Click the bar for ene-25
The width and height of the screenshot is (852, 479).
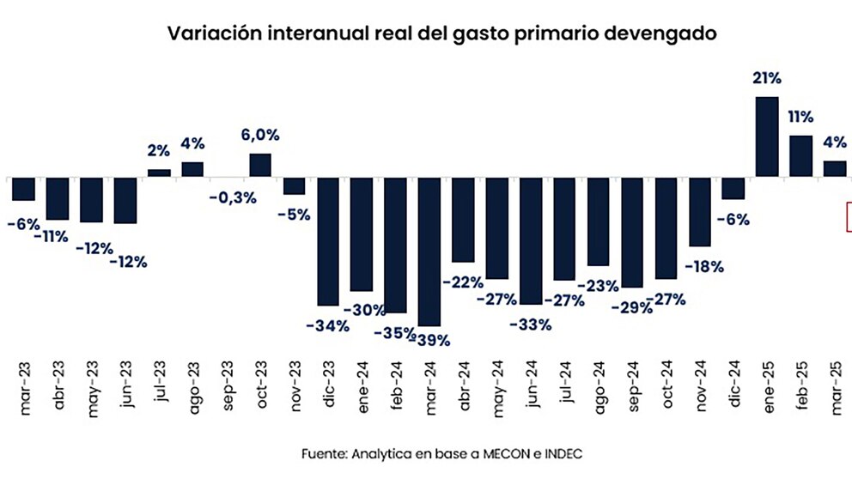767,137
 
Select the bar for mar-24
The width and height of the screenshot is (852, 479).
429,252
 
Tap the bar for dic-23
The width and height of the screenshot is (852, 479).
327,241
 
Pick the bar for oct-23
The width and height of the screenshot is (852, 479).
260,166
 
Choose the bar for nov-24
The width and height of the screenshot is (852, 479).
700,212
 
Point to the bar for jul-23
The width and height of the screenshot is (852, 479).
159,173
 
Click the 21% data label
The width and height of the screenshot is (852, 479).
767,79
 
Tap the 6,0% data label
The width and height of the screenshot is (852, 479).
260,135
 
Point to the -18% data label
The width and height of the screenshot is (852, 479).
703,267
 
